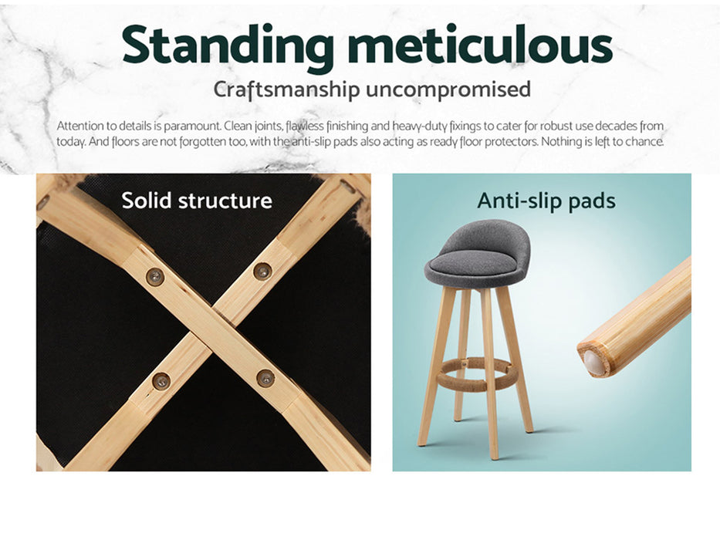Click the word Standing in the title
click(228, 46)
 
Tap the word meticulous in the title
click(480, 44)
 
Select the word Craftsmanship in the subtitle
click(286, 89)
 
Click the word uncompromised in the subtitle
click(448, 89)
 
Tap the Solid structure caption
click(197, 201)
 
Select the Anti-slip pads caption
click(546, 201)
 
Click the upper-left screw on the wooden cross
click(155, 276)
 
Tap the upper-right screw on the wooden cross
click(262, 272)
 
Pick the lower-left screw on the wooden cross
click(161, 380)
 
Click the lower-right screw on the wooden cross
click(265, 378)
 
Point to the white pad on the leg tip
click(593, 363)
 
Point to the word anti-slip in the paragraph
click(310, 142)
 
